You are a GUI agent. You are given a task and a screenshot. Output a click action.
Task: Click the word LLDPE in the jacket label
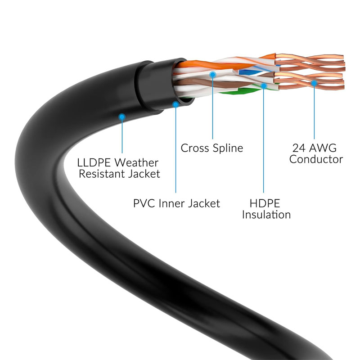click(x=94, y=163)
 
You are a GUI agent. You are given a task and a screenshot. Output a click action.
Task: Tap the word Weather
click(x=137, y=163)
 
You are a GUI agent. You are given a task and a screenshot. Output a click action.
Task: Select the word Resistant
click(x=102, y=174)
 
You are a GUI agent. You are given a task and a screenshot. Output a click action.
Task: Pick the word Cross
click(x=195, y=148)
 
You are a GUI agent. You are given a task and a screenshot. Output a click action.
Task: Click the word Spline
click(x=228, y=148)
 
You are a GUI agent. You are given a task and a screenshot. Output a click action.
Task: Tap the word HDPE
click(x=265, y=203)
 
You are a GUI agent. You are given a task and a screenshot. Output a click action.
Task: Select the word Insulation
click(x=266, y=215)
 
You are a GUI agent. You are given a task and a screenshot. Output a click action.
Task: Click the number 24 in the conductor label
click(x=299, y=148)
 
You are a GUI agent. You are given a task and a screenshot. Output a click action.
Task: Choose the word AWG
click(x=323, y=148)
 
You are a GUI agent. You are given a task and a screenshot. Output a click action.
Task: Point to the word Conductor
click(x=316, y=159)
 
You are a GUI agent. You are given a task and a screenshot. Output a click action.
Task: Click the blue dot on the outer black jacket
click(x=122, y=117)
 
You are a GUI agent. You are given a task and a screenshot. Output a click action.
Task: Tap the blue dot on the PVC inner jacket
click(x=175, y=105)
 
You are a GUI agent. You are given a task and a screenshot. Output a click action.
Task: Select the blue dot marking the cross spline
click(x=212, y=75)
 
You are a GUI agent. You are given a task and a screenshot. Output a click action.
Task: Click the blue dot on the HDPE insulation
click(x=264, y=86)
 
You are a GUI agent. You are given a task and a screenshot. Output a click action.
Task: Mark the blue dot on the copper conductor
click(x=314, y=83)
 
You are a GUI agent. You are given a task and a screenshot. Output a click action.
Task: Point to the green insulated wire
click(x=239, y=91)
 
